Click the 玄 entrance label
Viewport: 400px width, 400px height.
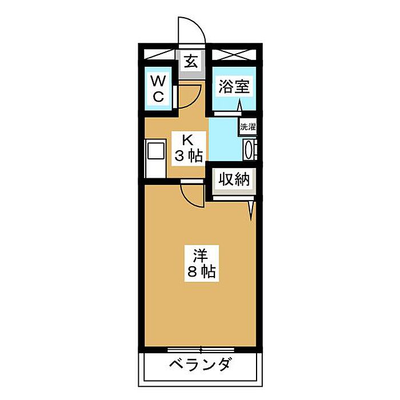pos(191,61)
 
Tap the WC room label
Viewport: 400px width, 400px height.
pos(158,88)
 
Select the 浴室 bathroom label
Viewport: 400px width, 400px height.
pos(234,86)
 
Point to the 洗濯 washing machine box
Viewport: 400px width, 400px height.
pos(247,127)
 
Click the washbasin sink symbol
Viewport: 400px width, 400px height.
pos(249,150)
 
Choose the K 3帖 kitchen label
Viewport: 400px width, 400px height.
pos(189,148)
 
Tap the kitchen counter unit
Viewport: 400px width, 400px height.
pos(155,158)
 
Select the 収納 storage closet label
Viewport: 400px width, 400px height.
pos(234,179)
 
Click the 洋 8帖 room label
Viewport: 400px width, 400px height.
pos(202,263)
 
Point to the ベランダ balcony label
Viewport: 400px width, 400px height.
pos(201,364)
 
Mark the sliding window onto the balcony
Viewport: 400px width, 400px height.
pos(201,349)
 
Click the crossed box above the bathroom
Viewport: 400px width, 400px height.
pos(234,55)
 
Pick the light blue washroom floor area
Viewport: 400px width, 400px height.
pos(225,139)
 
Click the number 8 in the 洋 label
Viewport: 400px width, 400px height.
pos(192,271)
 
